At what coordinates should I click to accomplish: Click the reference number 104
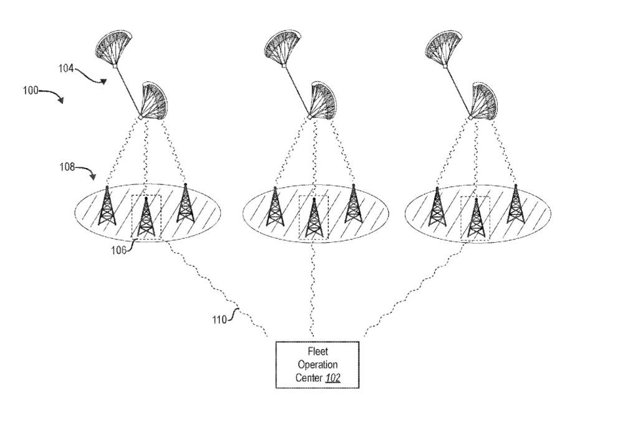[x=66, y=68]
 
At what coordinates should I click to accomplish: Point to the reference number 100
[x=30, y=90]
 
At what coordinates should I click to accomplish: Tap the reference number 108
[x=67, y=167]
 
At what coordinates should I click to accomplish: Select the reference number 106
[x=118, y=251]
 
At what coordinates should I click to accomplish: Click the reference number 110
[x=219, y=320]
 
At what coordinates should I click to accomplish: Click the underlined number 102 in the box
[x=333, y=378]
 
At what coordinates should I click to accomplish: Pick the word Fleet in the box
[x=318, y=352]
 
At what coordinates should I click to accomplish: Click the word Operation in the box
[x=318, y=365]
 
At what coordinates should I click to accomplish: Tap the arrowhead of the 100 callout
[x=61, y=100]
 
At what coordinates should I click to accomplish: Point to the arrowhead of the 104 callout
[x=103, y=82]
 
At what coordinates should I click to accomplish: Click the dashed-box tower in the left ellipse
[x=146, y=217]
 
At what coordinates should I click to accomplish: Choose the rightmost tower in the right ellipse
[x=515, y=203]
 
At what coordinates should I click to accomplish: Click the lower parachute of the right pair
[x=483, y=101]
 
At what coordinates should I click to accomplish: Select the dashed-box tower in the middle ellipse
[x=314, y=218]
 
